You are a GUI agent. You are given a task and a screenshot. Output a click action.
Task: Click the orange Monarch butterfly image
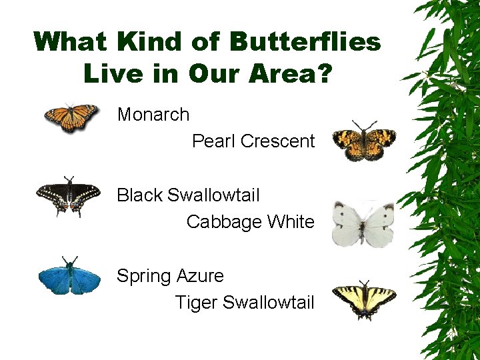[71, 118]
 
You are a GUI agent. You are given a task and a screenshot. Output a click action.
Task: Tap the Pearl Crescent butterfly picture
[364, 141]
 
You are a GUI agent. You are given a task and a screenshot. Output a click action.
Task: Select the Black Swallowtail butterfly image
[69, 195]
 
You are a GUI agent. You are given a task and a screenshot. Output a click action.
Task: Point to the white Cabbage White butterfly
[363, 223]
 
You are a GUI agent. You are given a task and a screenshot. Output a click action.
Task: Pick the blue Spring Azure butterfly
[69, 276]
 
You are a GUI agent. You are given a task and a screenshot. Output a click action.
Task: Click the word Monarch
[153, 115]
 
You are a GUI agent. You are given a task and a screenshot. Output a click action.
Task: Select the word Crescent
[277, 141]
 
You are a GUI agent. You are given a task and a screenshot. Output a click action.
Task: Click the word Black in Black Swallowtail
[139, 195]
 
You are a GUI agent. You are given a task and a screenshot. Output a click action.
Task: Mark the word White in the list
[290, 222]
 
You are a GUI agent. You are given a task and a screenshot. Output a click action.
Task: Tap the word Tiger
[196, 303]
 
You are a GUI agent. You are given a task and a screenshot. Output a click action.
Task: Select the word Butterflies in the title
[305, 42]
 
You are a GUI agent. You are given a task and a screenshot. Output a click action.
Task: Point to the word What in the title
[71, 42]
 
